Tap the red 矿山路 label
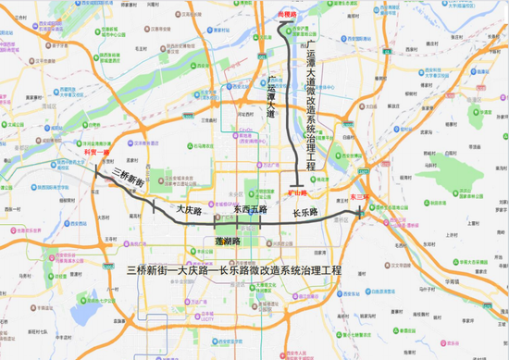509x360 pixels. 296,193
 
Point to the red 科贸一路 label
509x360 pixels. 95,154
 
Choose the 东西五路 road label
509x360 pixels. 250,210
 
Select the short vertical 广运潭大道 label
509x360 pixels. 271,97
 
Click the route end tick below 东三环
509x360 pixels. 360,214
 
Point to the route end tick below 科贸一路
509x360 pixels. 94,168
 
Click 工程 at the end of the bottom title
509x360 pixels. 330,271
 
